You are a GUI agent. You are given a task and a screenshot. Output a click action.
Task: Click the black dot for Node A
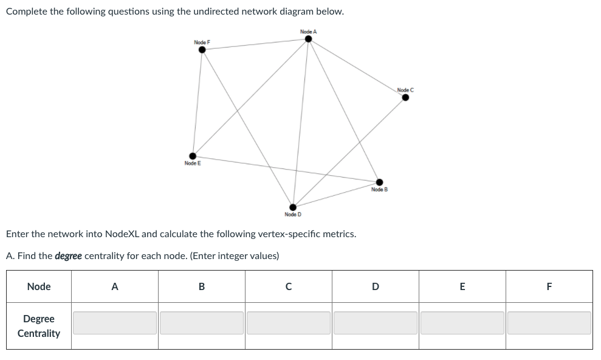[308, 39]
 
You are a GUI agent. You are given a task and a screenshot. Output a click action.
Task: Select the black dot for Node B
[379, 182]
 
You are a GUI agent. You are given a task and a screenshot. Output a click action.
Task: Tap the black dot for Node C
[405, 97]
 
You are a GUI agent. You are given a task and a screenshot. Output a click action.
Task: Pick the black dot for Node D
[293, 207]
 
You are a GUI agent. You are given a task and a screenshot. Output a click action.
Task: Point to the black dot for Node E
[193, 156]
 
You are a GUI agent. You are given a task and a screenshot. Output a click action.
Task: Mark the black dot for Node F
[202, 50]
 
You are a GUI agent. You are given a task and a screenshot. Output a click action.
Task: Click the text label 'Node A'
[308, 32]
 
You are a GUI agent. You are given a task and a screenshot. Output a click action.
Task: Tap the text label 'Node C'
[405, 90]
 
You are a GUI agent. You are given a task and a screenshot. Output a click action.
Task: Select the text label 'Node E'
[193, 164]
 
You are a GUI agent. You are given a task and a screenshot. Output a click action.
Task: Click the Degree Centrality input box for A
[115, 323]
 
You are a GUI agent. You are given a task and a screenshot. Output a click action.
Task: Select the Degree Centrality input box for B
[202, 323]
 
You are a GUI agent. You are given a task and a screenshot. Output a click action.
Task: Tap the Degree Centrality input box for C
[289, 323]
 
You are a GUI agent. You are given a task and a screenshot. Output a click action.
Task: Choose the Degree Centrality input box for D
[376, 323]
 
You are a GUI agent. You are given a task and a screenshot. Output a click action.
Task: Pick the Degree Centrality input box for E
[462, 323]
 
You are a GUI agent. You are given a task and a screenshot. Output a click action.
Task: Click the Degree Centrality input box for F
[549, 323]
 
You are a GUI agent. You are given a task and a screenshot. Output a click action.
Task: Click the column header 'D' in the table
[376, 286]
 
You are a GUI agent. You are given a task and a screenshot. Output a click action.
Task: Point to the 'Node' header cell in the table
[39, 286]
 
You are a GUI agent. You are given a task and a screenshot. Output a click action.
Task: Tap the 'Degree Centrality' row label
[39, 326]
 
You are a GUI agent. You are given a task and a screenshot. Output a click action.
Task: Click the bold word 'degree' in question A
[68, 256]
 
